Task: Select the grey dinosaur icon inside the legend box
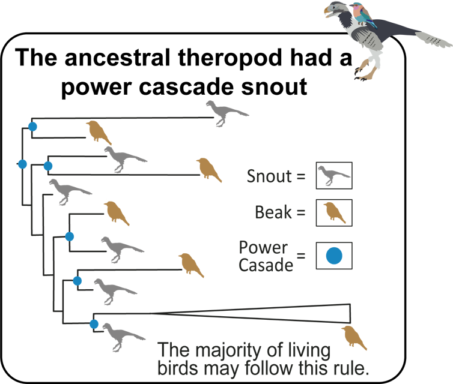click(x=333, y=175)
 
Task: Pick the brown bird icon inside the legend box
click(x=333, y=212)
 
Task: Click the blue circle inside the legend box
click(x=333, y=256)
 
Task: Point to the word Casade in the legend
click(x=266, y=265)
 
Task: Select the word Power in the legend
click(x=263, y=248)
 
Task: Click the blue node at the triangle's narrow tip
click(x=94, y=325)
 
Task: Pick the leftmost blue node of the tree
click(x=22, y=164)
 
